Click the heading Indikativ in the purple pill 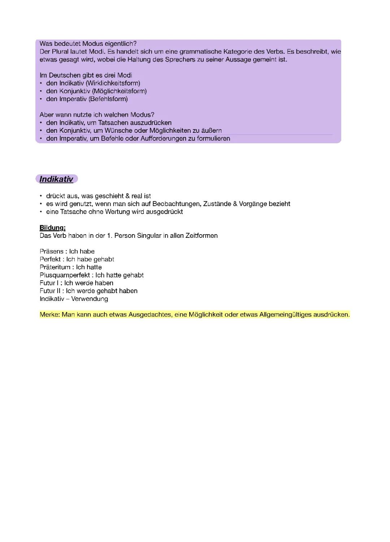(x=56, y=179)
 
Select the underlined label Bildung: (x=52, y=228)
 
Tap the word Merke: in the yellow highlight (x=50, y=315)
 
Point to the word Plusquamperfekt (x=65, y=275)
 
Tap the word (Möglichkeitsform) (x=119, y=91)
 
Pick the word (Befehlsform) (x=108, y=99)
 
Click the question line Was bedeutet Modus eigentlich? (x=88, y=44)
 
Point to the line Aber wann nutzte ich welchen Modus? (x=97, y=115)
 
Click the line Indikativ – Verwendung (x=74, y=299)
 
